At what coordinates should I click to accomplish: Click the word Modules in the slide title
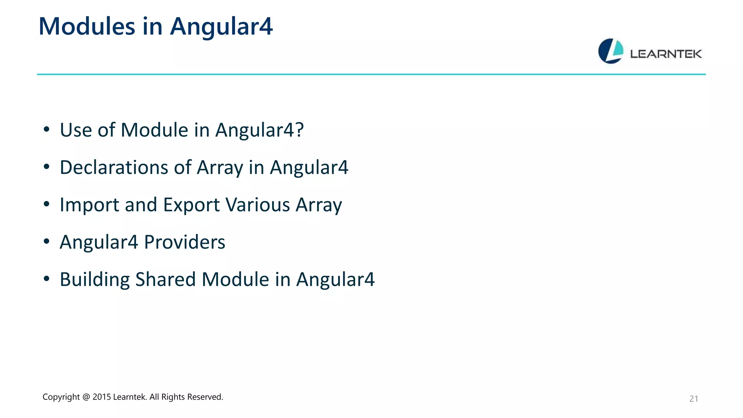coord(87,26)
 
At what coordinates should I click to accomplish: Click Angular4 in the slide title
coord(221,26)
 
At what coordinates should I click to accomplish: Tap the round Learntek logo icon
coord(611,51)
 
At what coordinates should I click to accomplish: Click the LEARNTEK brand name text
coord(666,54)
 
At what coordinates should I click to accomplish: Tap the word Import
coord(89,205)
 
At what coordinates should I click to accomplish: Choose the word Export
coord(191,205)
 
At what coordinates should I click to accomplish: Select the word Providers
coord(184,242)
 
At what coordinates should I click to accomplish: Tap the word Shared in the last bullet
coord(165,279)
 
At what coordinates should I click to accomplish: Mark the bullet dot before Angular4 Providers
coord(46,241)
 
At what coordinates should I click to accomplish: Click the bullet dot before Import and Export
coord(46,204)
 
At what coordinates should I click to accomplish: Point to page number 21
coord(693,399)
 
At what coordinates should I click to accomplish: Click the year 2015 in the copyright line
coord(102,397)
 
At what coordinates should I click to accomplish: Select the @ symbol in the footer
coord(86,397)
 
